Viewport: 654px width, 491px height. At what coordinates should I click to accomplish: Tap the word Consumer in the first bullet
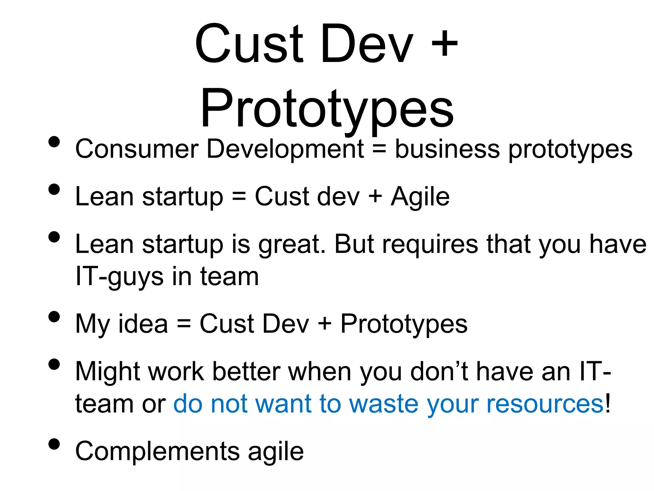137,149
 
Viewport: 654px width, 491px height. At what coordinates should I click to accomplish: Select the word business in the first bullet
447,149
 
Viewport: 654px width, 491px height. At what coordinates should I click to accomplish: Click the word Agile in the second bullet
420,197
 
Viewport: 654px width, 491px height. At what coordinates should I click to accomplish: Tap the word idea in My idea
143,324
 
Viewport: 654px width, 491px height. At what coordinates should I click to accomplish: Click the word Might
108,372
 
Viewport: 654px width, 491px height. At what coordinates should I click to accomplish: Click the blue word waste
384,404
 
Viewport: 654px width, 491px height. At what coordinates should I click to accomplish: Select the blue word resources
545,404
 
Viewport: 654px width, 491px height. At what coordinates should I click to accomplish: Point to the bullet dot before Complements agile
54,444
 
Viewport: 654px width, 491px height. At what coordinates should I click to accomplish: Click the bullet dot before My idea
54,316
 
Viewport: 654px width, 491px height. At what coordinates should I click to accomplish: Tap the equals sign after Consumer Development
379,149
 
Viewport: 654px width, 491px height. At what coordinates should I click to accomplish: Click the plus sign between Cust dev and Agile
375,197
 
